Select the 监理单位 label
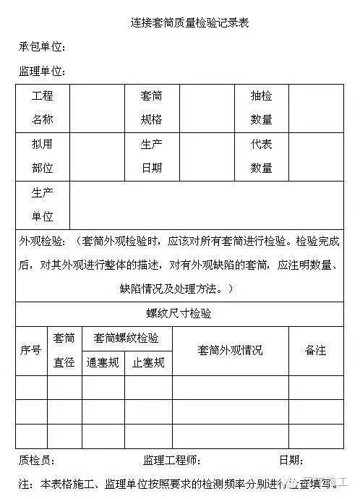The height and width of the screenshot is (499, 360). coord(42,71)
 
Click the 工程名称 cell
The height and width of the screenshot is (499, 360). coord(43,108)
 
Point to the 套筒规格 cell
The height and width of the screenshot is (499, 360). coord(152,108)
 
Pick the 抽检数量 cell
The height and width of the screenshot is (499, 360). coord(261,108)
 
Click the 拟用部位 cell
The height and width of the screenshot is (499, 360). coord(43,156)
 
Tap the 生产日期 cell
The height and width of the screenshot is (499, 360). coord(152,156)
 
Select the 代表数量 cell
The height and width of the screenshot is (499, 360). coord(261,156)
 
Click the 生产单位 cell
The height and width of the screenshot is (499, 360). coord(43,205)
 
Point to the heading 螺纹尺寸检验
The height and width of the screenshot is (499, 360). coord(180,313)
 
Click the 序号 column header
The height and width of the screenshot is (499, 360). coord(31,350)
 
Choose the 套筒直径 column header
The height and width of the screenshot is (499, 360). coord(64,350)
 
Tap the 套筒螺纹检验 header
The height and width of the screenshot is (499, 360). coord(127,338)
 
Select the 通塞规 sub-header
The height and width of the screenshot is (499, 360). coord(102,362)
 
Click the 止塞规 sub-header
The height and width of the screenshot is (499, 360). coord(148,362)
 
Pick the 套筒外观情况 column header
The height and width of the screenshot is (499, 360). coord(230,350)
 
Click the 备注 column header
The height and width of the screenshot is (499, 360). coord(316,350)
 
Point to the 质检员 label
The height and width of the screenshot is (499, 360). coord(36,461)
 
